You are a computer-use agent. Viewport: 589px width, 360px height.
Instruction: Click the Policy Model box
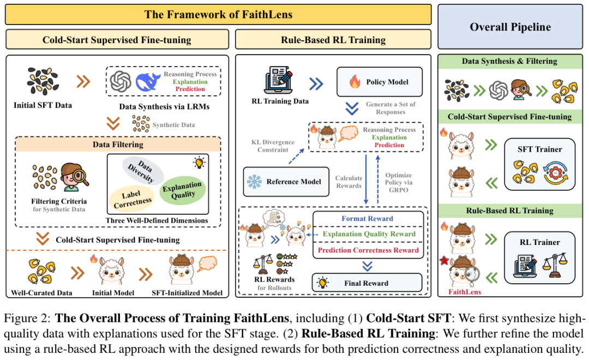pyautogui.click(x=380, y=82)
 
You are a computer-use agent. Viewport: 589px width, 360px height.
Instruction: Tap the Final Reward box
pyautogui.click(x=367, y=283)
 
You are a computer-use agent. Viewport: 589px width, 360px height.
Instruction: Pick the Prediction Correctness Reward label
pyautogui.click(x=368, y=250)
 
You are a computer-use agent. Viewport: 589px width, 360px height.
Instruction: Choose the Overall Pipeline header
pyautogui.click(x=510, y=27)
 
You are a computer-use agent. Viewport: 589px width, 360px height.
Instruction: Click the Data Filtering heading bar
pyautogui.click(x=118, y=145)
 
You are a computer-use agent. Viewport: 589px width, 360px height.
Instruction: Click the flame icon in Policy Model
pyautogui.click(x=354, y=82)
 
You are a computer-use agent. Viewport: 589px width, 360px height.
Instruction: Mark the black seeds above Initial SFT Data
pyautogui.click(x=42, y=81)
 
